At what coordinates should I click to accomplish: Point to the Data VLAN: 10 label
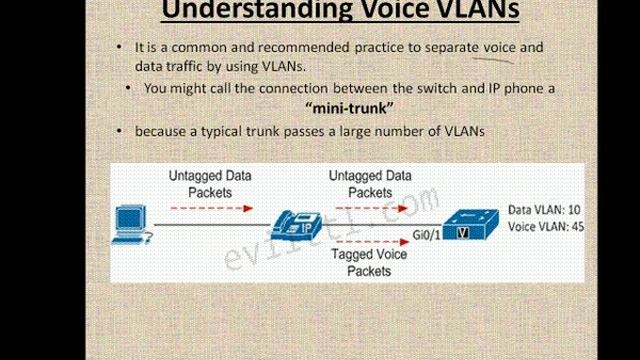click(541, 210)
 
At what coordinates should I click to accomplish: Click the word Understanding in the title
click(233, 12)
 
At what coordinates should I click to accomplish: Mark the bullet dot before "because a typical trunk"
click(121, 132)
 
